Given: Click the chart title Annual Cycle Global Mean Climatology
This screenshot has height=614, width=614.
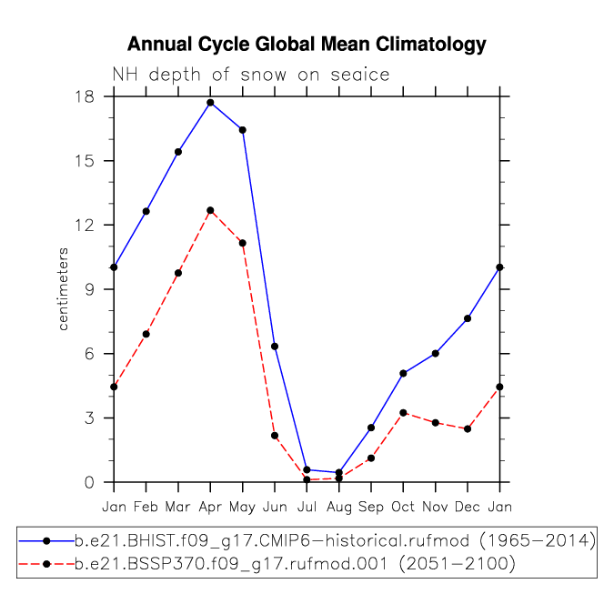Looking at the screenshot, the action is point(307,45).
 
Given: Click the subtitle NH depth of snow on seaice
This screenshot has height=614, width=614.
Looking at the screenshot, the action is point(251,75).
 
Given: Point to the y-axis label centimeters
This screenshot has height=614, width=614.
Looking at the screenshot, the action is point(63,289).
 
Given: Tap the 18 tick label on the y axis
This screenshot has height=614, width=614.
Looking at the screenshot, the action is point(85,96).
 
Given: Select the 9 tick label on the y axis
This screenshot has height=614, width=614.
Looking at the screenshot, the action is point(89,289).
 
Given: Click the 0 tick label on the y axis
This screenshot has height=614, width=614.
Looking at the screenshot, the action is point(89,482).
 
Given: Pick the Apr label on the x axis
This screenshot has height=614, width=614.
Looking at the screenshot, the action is point(210,508).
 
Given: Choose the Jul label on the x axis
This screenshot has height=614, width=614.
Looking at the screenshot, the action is point(307,507).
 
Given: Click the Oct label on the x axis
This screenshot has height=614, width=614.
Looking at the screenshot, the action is point(403,507).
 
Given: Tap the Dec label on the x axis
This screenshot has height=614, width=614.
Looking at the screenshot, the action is point(468,507).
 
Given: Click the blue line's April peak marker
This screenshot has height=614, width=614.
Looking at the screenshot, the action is point(210,103).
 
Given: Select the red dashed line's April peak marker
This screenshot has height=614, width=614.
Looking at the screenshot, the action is point(210,210).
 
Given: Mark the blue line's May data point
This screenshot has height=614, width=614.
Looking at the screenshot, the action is point(242,130).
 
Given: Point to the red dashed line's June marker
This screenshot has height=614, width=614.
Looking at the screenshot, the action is point(275,436).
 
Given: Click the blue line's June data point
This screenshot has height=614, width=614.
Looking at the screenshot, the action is point(275,347).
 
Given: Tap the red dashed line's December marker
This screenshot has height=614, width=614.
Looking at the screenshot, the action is point(468,428).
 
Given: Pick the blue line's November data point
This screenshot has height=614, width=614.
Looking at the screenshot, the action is point(435,353).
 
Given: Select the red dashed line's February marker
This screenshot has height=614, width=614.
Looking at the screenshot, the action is point(146,334).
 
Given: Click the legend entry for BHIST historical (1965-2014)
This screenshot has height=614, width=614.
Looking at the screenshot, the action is point(307,541).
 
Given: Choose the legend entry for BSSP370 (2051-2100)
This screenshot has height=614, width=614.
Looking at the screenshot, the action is point(267,564).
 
